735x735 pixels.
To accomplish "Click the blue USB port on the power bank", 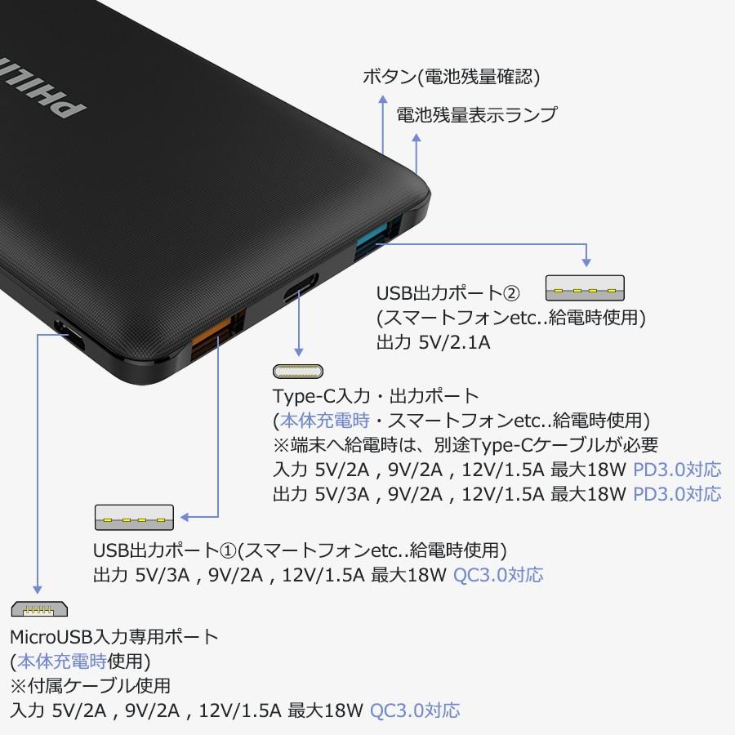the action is pyautogui.click(x=376, y=237).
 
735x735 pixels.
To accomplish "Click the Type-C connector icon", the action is pyautogui.click(x=297, y=372).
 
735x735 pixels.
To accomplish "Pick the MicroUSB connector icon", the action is pyautogui.click(x=39, y=608).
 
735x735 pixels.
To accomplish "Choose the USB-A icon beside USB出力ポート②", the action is pyautogui.click(x=585, y=288).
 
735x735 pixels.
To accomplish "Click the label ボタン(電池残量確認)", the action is pyautogui.click(x=451, y=78).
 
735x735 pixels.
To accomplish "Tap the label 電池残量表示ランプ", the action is pyautogui.click(x=476, y=114).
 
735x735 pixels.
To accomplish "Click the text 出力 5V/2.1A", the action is pyautogui.click(x=433, y=342).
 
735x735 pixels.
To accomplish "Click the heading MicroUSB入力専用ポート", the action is pyautogui.click(x=114, y=636).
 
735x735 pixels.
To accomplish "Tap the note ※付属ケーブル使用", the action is pyautogui.click(x=90, y=685).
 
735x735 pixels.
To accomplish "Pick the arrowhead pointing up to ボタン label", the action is pyautogui.click(x=382, y=99).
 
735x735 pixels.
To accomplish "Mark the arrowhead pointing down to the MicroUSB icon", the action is pyautogui.click(x=37, y=587).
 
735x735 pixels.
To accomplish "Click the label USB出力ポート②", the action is pyautogui.click(x=448, y=292).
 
